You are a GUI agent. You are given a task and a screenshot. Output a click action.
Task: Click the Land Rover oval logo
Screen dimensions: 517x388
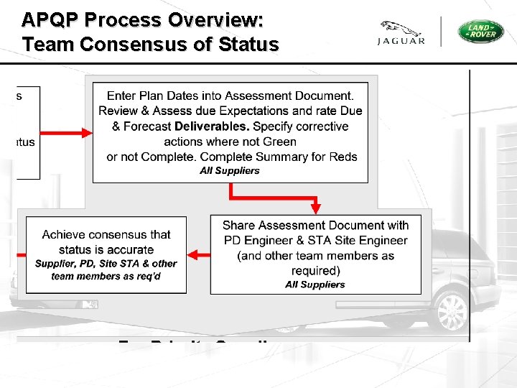tap(481, 32)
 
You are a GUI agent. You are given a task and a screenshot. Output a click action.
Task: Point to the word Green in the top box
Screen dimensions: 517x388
tap(280, 142)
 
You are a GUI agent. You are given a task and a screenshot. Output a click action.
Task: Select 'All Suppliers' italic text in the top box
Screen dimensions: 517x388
tap(230, 171)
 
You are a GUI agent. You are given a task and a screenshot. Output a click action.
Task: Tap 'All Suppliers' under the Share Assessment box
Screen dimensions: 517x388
tap(315, 285)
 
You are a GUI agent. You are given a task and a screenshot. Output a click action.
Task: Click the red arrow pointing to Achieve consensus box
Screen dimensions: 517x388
tap(197, 254)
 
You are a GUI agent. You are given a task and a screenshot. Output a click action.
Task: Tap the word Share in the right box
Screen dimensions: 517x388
tap(238, 226)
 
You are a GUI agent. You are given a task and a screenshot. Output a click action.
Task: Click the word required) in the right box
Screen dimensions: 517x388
tap(315, 271)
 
